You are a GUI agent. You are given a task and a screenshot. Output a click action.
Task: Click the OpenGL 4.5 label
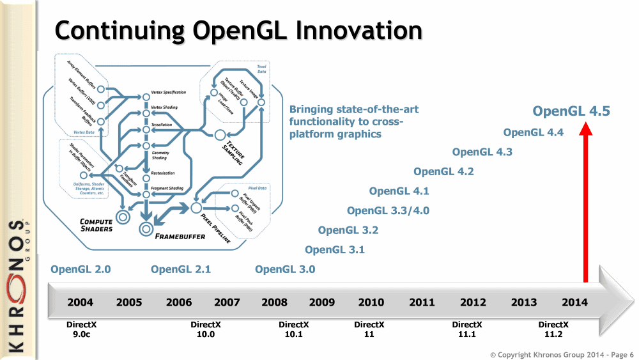click(571, 111)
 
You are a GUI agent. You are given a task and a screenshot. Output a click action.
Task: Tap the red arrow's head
click(585, 129)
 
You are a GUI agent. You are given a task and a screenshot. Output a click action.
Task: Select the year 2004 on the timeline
click(81, 302)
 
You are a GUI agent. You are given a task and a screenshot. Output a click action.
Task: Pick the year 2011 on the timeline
click(422, 302)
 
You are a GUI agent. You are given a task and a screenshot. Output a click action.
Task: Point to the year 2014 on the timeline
click(574, 302)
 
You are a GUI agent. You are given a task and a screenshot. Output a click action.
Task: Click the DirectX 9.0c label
click(81, 329)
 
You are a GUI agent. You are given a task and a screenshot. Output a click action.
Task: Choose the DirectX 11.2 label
click(553, 329)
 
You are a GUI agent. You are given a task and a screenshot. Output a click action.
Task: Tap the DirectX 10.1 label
click(294, 329)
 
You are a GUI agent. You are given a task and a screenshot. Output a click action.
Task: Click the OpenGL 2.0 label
click(81, 269)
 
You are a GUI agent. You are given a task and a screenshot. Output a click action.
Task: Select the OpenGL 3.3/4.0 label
click(388, 210)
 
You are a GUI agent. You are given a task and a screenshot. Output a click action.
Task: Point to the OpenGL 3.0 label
click(285, 269)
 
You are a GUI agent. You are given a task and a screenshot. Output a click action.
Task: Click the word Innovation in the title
click(334, 29)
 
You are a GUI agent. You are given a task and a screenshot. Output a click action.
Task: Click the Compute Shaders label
click(96, 225)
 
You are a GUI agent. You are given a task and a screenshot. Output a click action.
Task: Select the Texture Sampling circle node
click(220, 134)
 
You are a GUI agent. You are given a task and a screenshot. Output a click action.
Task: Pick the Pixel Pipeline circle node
click(196, 207)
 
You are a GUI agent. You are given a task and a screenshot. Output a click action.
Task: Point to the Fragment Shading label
click(167, 189)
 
